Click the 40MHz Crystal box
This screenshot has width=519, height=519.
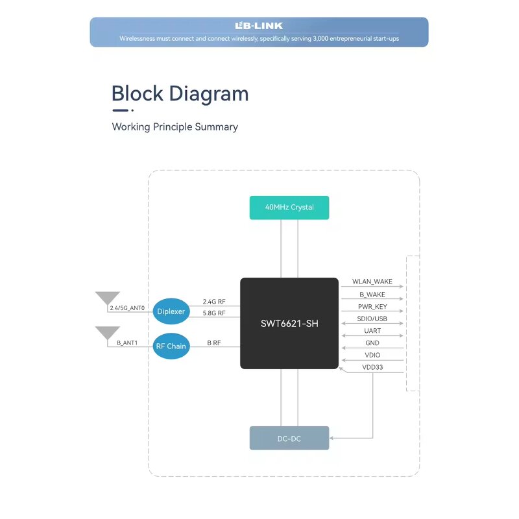click(289, 208)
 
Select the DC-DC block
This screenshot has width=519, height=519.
click(289, 439)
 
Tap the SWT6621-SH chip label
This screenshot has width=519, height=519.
click(289, 323)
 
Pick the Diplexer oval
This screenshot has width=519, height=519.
click(171, 311)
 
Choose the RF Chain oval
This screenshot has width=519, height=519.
click(171, 346)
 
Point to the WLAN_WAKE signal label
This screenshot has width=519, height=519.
click(372, 282)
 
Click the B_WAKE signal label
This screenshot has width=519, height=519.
click(372, 295)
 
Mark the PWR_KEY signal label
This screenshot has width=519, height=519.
click(372, 307)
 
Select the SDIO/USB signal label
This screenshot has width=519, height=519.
click(372, 319)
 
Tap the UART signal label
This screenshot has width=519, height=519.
click(372, 331)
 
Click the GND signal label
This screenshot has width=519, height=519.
click(372, 343)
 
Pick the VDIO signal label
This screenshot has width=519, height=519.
click(372, 356)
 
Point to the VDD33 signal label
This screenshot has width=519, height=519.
click(372, 368)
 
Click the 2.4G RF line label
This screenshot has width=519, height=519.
click(214, 302)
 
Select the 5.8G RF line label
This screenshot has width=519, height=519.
click(214, 313)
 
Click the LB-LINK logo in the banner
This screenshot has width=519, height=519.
click(259, 26)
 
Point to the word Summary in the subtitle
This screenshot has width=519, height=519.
click(216, 127)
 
